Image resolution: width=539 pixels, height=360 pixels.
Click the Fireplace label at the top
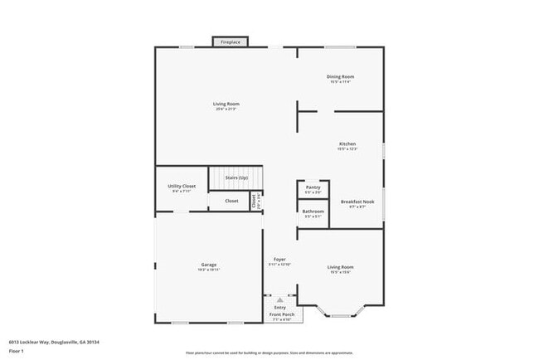coord(231,41)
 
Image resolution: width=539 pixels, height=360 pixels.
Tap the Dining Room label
coord(341,76)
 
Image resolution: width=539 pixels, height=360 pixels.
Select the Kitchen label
coord(347,144)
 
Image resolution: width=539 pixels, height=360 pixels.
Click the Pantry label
coord(313,187)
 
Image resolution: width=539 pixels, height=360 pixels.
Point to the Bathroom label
coord(313,212)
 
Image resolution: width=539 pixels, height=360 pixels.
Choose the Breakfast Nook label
coord(357,202)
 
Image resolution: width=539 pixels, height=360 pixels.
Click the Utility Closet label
coord(182,187)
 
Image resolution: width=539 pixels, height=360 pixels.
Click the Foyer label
coord(280,260)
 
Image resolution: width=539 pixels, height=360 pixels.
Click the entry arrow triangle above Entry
coord(279,301)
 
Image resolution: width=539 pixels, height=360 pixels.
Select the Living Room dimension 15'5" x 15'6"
coord(341,271)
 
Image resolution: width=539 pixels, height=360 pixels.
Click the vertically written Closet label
coord(254,201)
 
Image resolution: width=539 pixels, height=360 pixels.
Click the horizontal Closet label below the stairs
coord(231,201)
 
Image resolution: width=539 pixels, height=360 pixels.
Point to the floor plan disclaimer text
coord(269,353)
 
